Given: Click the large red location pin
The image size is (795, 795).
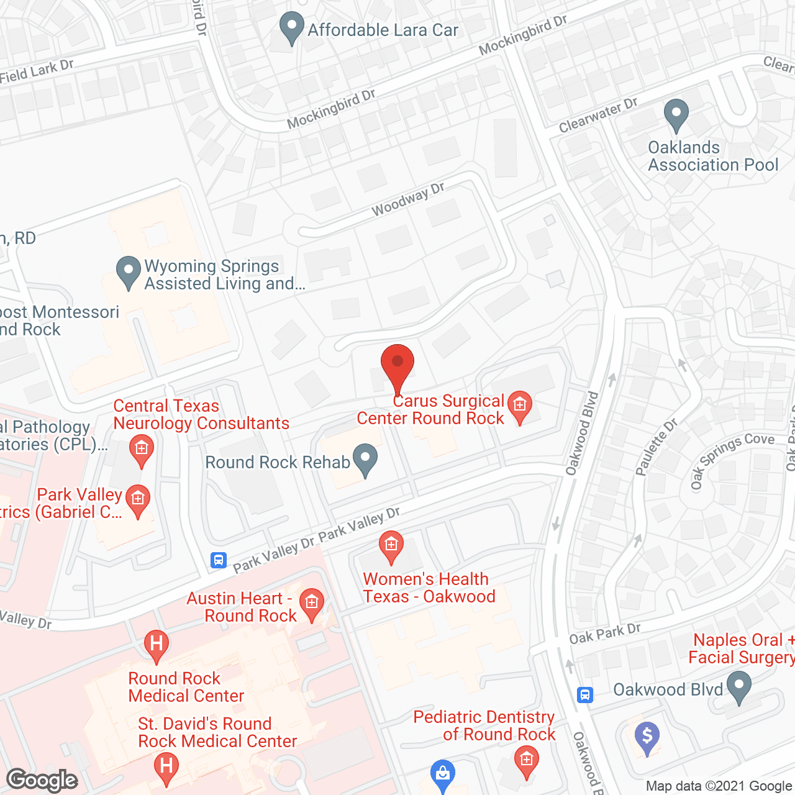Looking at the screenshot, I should point(397,366).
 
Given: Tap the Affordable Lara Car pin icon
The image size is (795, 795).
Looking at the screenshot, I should point(291,28).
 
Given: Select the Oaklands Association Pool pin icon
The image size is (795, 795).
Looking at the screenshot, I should point(676,115).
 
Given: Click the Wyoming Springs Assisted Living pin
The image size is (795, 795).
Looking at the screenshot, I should point(129,271).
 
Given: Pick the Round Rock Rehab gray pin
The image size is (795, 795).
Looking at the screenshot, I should point(365,460).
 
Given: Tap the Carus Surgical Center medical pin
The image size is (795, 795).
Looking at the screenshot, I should point(520,406).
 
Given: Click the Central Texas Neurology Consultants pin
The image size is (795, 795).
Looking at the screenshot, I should point(142,449).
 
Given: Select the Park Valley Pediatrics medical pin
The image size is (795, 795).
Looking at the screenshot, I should point(138,500).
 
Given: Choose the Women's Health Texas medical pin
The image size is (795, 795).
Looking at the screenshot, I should point(391,547).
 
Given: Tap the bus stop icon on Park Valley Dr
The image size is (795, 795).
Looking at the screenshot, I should point(219,560).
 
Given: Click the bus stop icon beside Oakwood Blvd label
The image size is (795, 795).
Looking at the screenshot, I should point(585,694).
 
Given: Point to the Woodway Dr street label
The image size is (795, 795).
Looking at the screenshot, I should point(408,199).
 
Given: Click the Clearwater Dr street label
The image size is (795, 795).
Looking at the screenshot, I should point(598,116).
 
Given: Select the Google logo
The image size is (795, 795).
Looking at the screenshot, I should point(42,780).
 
